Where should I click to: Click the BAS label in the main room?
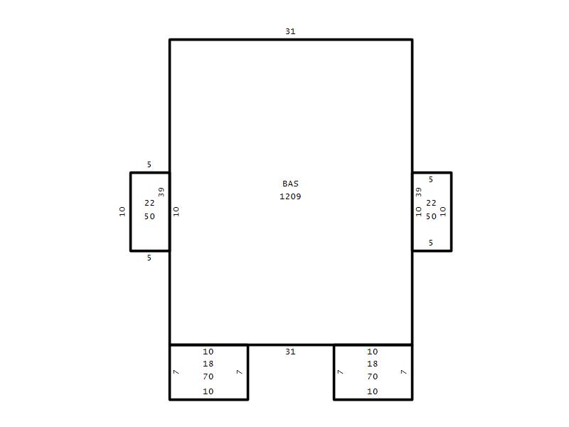coord(290,184)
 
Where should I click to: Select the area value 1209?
coord(290,196)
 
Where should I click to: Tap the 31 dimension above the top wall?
coord(290,31)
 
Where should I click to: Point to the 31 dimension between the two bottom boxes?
coord(290,352)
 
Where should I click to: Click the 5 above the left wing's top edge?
coord(149,164)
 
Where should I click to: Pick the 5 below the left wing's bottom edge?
coord(149,258)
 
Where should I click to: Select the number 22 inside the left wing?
coord(149,203)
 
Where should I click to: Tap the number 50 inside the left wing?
coord(149,216)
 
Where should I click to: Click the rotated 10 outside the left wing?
coord(122,211)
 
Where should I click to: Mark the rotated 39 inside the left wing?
coord(161,191)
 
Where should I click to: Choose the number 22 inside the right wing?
coord(431,203)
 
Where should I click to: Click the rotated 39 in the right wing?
coord(418,191)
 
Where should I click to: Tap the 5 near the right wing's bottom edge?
coord(431,243)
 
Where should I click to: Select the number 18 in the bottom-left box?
coord(208,364)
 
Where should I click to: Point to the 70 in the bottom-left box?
coord(208,377)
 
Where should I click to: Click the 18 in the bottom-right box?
coord(372,364)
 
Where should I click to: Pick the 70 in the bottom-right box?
coord(372,377)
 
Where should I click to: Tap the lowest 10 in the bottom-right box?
coord(372,391)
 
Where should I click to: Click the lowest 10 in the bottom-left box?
coord(208,391)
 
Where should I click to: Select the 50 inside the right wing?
coord(431,216)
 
